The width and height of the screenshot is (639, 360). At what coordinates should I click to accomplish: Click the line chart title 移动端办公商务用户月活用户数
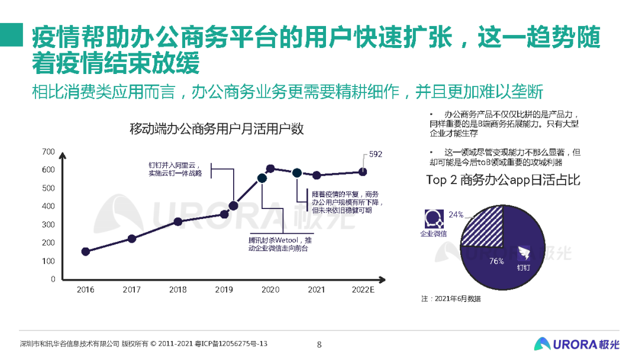(x=217, y=129)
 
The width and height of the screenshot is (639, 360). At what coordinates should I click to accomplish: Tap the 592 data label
(x=376, y=154)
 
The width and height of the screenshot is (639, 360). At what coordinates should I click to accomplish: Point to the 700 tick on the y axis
(x=49, y=152)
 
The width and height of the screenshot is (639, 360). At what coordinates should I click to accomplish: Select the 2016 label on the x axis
(x=86, y=290)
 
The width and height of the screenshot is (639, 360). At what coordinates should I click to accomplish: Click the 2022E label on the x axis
(x=363, y=290)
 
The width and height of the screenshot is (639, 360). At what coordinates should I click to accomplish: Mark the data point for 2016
(x=86, y=252)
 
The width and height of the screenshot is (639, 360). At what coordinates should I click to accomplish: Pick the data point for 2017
(x=132, y=239)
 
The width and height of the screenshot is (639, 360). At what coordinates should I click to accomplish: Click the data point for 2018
(x=178, y=221)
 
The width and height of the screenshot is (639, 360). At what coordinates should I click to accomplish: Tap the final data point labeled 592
(x=363, y=172)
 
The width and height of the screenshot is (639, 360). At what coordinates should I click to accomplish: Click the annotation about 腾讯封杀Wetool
(x=279, y=245)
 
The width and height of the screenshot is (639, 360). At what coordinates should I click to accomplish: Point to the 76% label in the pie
(x=496, y=261)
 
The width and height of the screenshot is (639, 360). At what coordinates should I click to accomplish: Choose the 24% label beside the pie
(x=456, y=214)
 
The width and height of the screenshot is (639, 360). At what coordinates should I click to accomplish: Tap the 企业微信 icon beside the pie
(x=433, y=218)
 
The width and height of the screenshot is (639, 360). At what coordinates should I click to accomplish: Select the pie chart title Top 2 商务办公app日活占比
(x=503, y=181)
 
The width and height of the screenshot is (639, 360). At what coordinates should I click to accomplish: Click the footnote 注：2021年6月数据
(x=451, y=298)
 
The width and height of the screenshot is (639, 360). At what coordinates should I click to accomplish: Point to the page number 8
(x=319, y=344)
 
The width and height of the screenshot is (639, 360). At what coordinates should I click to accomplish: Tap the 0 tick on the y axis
(x=53, y=279)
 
